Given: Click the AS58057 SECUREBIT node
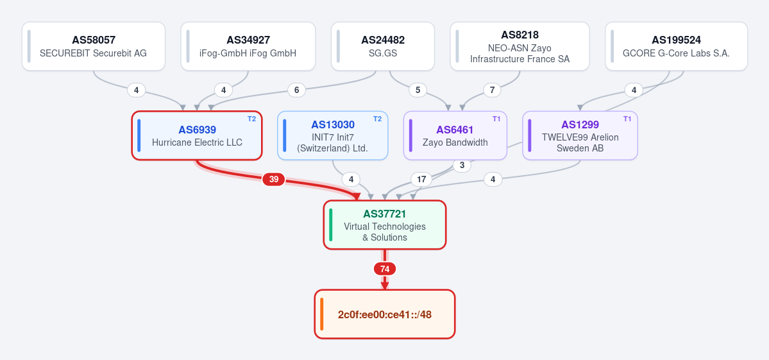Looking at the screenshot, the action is (x=93, y=46).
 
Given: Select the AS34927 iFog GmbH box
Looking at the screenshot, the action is (x=248, y=46).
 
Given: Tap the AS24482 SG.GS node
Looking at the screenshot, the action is (x=383, y=46).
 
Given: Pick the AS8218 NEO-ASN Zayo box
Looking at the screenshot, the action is (x=520, y=46).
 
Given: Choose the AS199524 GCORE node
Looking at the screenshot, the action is (x=676, y=46).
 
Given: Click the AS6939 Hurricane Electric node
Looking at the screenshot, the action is (x=197, y=135).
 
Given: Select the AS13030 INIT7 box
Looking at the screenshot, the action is (x=332, y=135).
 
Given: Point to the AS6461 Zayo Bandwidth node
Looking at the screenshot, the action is (x=455, y=135).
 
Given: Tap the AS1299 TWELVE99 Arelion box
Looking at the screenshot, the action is (x=580, y=135).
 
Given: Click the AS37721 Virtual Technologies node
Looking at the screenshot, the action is (x=385, y=225).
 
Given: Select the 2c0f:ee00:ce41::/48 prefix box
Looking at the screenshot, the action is (x=385, y=314).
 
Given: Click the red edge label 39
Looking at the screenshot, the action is (x=274, y=180).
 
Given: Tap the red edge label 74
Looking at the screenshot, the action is (x=385, y=269).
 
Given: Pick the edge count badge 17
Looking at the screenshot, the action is (x=421, y=180).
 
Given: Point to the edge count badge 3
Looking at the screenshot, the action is (x=462, y=166).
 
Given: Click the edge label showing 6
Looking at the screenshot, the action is (x=296, y=90).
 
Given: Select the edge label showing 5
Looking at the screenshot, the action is (x=418, y=90).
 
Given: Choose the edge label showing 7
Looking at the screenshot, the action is (x=492, y=90).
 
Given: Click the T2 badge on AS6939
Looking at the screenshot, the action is (x=251, y=119).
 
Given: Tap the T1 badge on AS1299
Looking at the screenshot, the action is (x=627, y=119).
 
